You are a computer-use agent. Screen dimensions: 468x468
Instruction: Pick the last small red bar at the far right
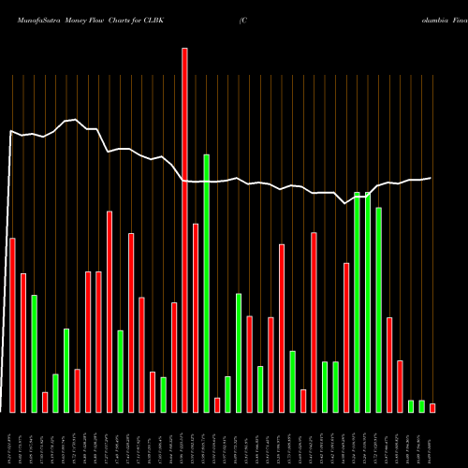point(432,407)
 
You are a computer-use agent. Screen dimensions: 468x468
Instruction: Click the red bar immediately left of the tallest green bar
point(196,317)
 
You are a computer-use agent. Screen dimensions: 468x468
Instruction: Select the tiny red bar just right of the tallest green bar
point(217,404)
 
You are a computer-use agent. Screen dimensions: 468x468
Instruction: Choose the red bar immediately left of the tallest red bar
point(174,357)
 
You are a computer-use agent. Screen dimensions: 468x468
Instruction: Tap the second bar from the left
point(23,343)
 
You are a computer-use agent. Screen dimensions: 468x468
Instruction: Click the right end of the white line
point(431,178)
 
